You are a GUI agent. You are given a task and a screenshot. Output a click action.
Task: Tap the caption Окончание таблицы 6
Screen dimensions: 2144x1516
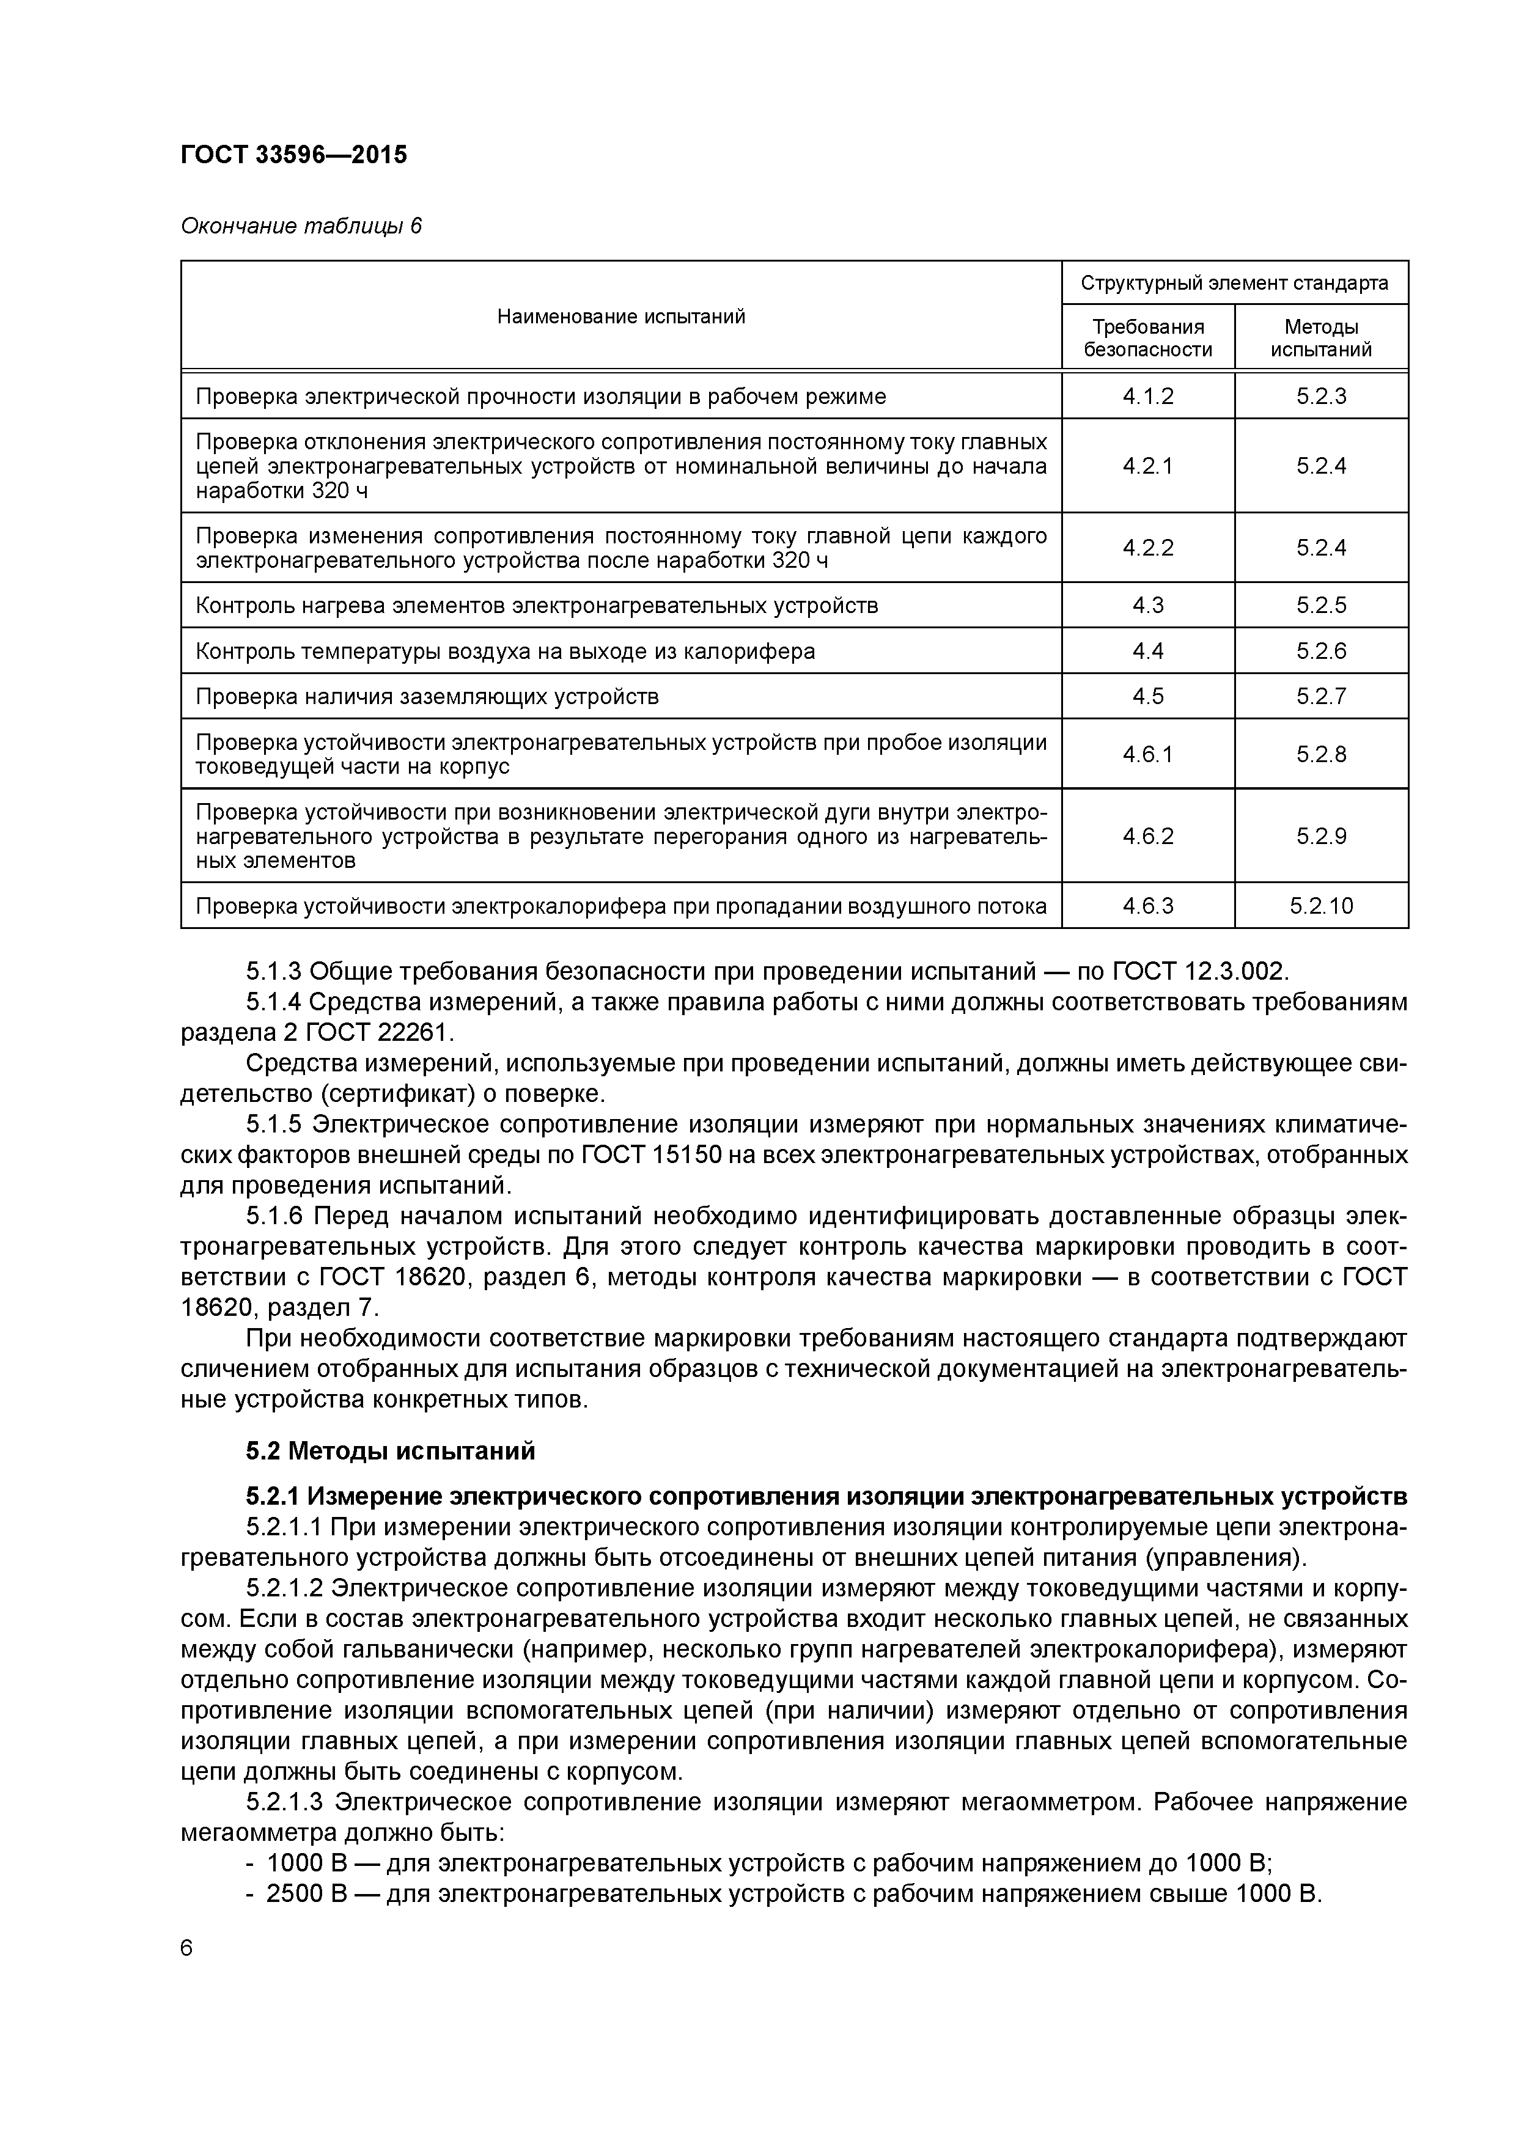pos(301,226)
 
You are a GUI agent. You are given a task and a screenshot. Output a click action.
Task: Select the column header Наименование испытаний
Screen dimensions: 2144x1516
pos(620,317)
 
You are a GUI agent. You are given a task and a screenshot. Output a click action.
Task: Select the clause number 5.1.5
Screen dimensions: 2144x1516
pos(276,1125)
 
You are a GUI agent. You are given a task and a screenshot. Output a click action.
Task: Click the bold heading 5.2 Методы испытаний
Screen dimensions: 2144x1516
pos(391,1451)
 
